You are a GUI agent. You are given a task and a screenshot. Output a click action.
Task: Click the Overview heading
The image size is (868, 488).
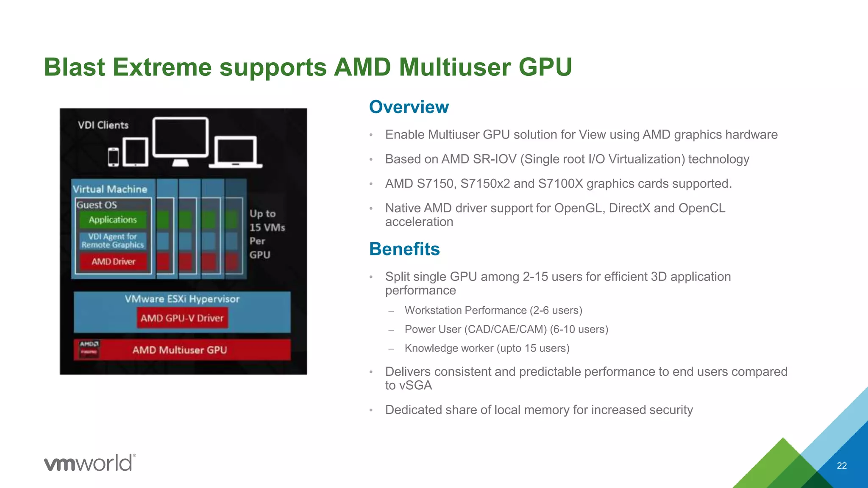pos(409,107)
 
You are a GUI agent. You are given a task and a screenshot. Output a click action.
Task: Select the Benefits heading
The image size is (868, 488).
pos(404,249)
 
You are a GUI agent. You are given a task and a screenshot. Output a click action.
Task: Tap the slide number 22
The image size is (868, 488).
pos(842,466)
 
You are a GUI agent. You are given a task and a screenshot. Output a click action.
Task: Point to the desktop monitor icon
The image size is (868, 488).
pos(181,140)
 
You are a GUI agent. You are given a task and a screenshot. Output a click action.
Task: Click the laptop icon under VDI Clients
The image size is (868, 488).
pos(235,152)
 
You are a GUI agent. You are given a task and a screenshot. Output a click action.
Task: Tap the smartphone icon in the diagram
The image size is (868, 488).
pos(113,157)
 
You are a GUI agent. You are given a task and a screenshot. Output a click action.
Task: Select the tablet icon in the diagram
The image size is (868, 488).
pos(135,152)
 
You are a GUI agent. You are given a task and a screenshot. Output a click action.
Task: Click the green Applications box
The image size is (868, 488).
pos(113,219)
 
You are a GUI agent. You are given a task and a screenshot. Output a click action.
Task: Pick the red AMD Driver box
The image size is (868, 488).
pos(113,262)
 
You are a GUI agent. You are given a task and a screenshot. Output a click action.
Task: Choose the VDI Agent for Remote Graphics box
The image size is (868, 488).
pos(113,241)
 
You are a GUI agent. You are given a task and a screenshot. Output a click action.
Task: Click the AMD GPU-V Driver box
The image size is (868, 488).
pos(182,318)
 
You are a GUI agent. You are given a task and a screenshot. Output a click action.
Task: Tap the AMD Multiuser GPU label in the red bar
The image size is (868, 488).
pos(180,350)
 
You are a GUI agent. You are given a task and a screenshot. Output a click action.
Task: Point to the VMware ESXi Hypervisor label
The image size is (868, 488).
pos(182,299)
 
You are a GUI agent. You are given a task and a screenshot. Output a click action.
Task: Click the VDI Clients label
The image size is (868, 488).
pos(103,125)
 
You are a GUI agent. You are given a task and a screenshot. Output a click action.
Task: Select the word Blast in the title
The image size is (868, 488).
pos(74,67)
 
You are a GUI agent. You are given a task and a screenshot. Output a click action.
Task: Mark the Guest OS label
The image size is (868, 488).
pos(97,205)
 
